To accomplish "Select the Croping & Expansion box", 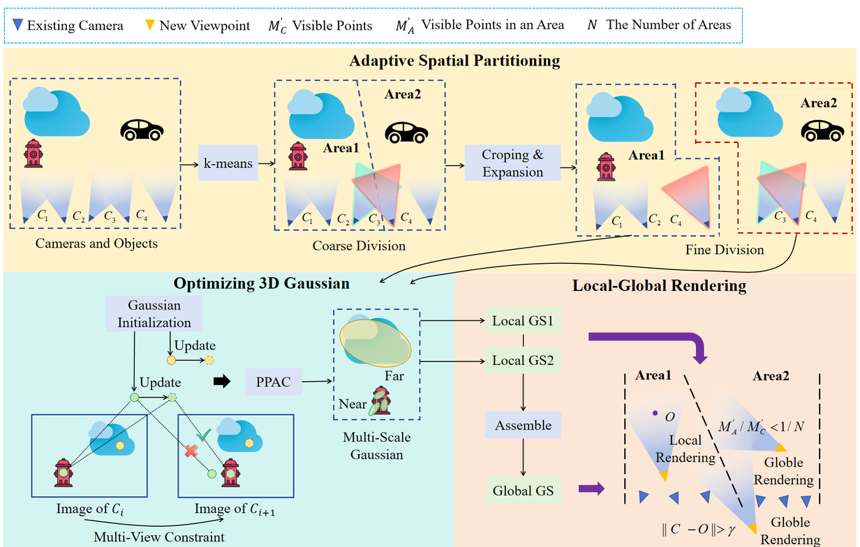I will (x=513, y=163).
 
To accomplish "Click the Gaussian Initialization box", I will (x=154, y=313).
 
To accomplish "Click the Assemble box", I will (x=523, y=425).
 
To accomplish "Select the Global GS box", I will (x=523, y=490).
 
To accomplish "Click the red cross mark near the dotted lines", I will (x=190, y=451).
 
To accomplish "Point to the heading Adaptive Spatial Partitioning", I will (x=454, y=61).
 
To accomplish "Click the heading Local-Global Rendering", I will (x=659, y=285).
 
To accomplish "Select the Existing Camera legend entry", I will (x=68, y=26).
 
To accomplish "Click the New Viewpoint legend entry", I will (x=197, y=26).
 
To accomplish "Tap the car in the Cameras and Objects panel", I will (x=142, y=129).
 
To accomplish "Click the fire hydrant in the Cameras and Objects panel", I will (x=33, y=153).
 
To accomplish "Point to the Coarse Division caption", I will (x=359, y=246).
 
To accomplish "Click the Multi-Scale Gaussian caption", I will (x=377, y=446).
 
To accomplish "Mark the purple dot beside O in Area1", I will (x=655, y=414).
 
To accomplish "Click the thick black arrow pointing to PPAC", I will (x=221, y=382).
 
